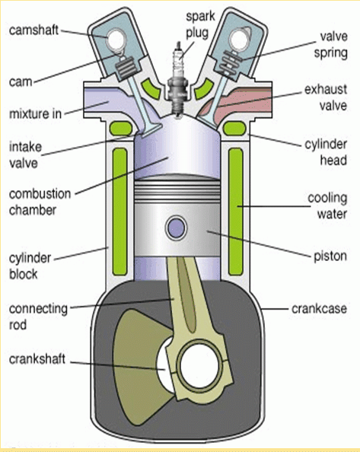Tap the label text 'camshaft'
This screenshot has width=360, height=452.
click(x=33, y=30)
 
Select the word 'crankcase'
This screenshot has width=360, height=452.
click(x=319, y=308)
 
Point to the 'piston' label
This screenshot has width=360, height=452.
click(x=330, y=256)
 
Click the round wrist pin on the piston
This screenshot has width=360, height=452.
click(x=176, y=228)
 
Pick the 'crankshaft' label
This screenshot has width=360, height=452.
click(x=37, y=359)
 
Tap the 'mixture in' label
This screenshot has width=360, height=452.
click(x=36, y=114)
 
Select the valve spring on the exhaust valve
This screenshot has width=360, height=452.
click(x=228, y=62)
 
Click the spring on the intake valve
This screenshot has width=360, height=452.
click(x=126, y=68)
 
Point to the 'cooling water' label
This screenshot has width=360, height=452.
click(x=327, y=205)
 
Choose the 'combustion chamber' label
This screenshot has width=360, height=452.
click(x=40, y=202)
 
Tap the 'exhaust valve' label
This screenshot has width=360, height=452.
click(x=326, y=97)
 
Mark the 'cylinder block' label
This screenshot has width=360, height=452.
click(x=30, y=266)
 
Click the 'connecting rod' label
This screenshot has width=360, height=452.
click(x=38, y=317)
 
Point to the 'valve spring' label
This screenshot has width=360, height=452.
click(x=331, y=45)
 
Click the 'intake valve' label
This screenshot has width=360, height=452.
click(x=25, y=155)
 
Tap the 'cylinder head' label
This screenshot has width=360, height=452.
click(x=326, y=152)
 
